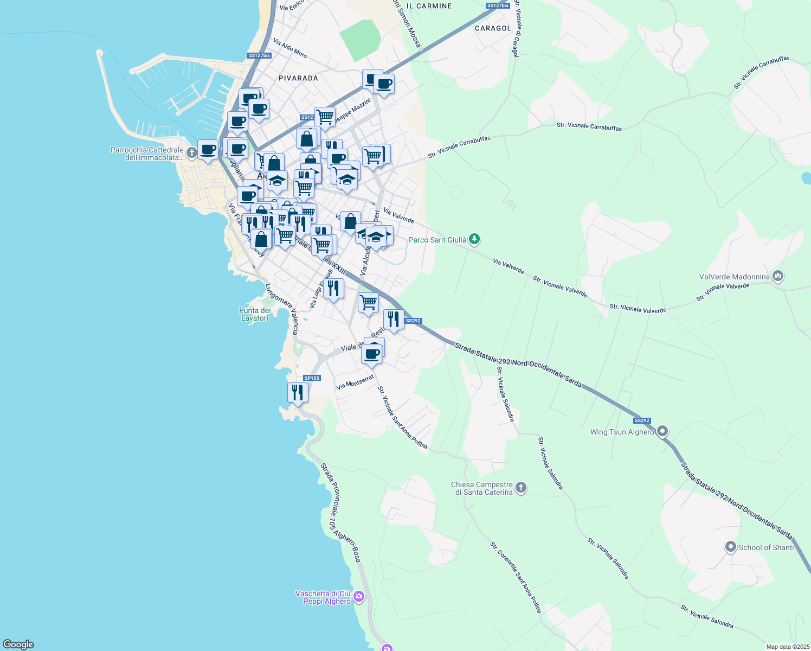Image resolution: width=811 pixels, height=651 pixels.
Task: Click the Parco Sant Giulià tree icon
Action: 474,239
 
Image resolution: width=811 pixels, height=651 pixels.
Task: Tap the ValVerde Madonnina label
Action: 734,277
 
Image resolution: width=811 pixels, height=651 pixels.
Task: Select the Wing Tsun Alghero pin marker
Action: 662,431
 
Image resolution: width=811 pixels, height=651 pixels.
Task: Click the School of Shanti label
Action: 765,547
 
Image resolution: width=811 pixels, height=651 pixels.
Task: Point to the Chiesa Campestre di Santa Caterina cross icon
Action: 520,487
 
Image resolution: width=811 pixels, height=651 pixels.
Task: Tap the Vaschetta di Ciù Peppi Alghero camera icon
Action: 358,597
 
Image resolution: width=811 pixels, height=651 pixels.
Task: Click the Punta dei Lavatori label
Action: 255,314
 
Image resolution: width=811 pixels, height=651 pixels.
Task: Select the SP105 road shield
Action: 312,378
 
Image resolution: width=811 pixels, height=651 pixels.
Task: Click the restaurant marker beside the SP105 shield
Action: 298,392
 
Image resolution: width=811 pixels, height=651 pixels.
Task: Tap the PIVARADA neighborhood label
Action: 298,78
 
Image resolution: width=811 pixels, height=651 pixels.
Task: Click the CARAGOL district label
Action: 493,28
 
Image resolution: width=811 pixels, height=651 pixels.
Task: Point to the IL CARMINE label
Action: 429,6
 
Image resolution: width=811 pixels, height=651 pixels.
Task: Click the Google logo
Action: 18,644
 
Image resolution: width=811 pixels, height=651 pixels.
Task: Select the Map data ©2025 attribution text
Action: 788,647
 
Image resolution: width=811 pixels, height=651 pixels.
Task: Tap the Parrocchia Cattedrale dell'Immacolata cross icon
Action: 191,152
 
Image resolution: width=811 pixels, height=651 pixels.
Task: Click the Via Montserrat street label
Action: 355,382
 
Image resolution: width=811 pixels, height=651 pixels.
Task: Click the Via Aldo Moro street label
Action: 290,48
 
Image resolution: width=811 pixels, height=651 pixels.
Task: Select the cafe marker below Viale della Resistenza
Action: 372,354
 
